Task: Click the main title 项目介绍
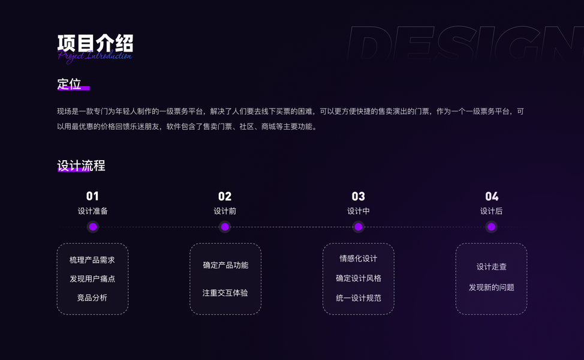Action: pos(95,43)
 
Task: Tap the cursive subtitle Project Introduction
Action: pos(95,56)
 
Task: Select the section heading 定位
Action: pos(70,84)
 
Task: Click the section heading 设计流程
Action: pos(81,166)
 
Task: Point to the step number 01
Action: pos(92,196)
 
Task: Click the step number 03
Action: pos(358,196)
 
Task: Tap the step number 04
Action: pos(492,196)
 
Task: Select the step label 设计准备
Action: pos(92,211)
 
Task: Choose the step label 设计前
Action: pos(225,211)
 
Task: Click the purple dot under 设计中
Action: pos(358,227)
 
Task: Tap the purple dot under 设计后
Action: pos(492,227)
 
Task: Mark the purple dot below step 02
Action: pos(225,227)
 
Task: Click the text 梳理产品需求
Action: pos(92,260)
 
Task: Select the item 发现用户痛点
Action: pos(92,279)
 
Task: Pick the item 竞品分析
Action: pos(92,298)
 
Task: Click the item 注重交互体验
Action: pos(225,293)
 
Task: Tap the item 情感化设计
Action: pos(359,259)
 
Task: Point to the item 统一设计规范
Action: pos(359,298)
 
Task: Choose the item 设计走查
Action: pos(492,267)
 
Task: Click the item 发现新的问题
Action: pos(492,287)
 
